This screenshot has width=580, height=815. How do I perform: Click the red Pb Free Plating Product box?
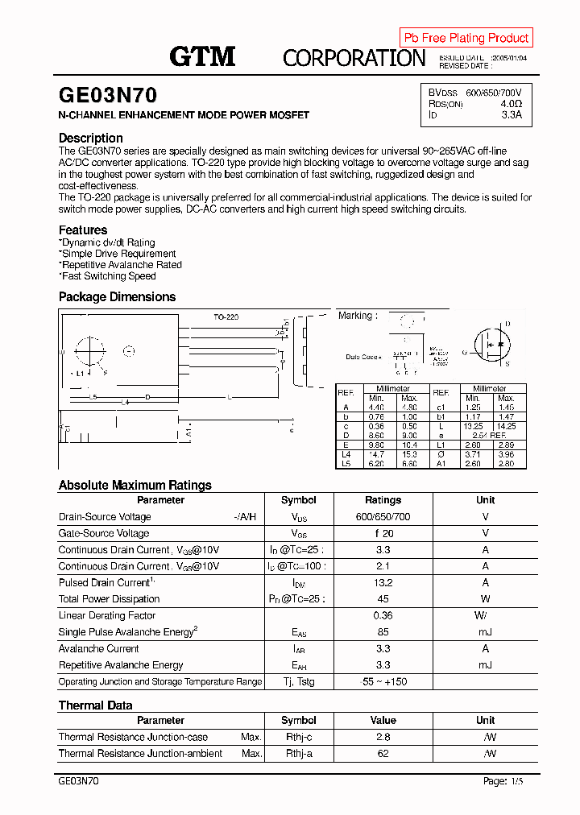[466, 38]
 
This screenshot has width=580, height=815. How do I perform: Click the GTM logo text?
[202, 56]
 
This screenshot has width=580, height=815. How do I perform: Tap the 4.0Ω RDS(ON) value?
[511, 104]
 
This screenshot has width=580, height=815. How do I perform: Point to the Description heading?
[91, 138]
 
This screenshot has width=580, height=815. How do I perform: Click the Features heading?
[83, 230]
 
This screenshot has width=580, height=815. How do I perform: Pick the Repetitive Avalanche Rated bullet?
[121, 265]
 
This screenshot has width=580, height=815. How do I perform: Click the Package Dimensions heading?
[117, 296]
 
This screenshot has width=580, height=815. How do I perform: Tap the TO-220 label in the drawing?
[226, 317]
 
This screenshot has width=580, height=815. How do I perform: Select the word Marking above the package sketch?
[355, 316]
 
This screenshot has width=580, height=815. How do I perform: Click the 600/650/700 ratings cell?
[383, 517]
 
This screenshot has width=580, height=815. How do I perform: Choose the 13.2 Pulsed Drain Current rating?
[383, 583]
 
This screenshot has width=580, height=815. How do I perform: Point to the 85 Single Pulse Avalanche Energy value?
[383, 632]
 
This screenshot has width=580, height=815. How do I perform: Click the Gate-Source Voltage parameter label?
[104, 533]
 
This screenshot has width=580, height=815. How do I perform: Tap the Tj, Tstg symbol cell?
[298, 682]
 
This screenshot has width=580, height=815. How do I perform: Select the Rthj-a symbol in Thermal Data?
[298, 754]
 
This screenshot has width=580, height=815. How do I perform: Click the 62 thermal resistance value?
[383, 754]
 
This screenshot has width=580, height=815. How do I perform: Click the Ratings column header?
[383, 500]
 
